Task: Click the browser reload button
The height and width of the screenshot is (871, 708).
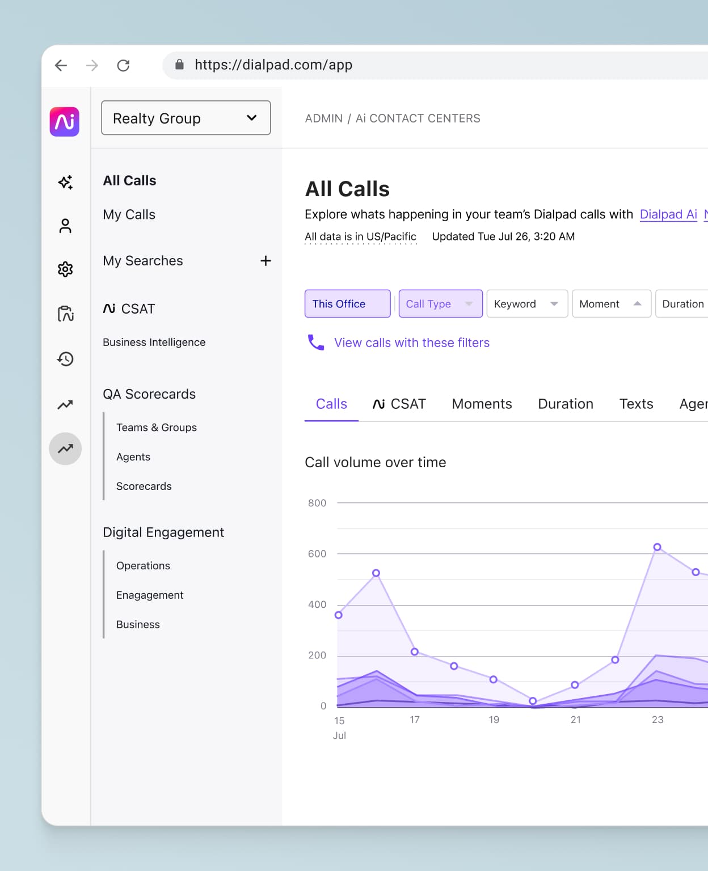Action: pos(123,65)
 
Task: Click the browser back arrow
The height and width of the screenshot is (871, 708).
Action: pos(61,65)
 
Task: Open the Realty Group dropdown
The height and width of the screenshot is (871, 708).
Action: pos(186,118)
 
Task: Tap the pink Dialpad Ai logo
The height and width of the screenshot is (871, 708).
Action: pos(65,122)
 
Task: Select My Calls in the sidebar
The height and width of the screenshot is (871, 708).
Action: pos(129,214)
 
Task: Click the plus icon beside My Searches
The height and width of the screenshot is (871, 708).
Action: pos(265,261)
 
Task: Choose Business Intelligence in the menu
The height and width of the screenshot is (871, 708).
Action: pos(154,342)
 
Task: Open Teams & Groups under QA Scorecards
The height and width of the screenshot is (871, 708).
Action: pos(156,428)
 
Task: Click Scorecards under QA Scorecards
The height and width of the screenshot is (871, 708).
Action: pos(144,486)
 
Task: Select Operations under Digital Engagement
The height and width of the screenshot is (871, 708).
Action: pos(143,565)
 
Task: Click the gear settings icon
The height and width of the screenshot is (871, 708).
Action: pos(65,269)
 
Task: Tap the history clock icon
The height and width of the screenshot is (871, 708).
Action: pos(65,359)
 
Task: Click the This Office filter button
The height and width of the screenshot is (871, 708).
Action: pos(347,304)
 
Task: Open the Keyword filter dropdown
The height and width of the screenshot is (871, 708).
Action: pos(526,304)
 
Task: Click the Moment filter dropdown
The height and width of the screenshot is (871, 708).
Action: pos(611,304)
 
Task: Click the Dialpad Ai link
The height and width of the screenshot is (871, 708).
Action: pos(668,214)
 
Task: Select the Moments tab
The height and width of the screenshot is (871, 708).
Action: pos(482,404)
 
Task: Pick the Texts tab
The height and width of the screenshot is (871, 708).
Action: pos(636,404)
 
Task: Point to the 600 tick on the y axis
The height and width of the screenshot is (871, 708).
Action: pos(317,553)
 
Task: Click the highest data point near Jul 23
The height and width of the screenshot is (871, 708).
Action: pos(657,547)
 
